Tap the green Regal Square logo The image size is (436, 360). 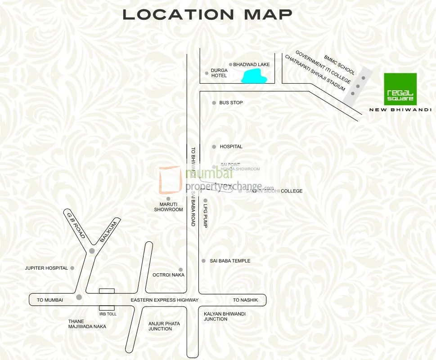400,89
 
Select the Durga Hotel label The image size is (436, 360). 219,73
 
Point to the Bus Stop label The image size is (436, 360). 231,103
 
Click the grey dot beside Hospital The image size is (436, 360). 214,147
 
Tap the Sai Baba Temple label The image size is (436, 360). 230,261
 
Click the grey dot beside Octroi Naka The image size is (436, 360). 180,270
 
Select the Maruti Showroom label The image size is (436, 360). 168,207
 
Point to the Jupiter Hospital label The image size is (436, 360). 46,268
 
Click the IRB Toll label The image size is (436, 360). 108,314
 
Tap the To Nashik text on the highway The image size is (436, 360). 245,300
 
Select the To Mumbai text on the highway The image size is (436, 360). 50,300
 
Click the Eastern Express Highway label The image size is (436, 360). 164,300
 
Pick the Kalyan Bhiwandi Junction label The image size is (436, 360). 225,316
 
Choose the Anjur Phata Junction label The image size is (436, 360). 164,326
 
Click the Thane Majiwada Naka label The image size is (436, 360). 87,324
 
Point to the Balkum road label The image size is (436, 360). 108,232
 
